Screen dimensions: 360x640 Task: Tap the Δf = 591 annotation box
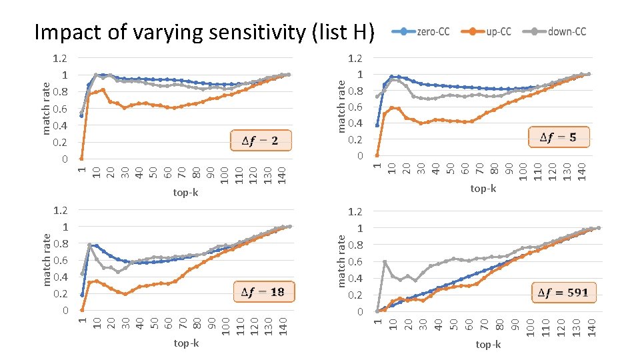pyautogui.click(x=563, y=293)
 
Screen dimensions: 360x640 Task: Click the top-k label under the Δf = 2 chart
pyautogui.click(x=186, y=193)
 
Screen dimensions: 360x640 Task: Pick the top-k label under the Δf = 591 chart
pyautogui.click(x=488, y=344)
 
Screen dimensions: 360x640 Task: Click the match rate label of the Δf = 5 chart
pyautogui.click(x=341, y=105)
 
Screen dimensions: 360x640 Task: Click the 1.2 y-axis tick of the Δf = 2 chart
pyautogui.click(x=60, y=58)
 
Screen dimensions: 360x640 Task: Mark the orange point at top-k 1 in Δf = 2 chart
pyautogui.click(x=81, y=158)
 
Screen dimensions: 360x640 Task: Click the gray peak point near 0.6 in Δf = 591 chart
pyautogui.click(x=385, y=262)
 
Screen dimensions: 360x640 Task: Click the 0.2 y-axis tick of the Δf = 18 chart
pyautogui.click(x=60, y=293)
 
